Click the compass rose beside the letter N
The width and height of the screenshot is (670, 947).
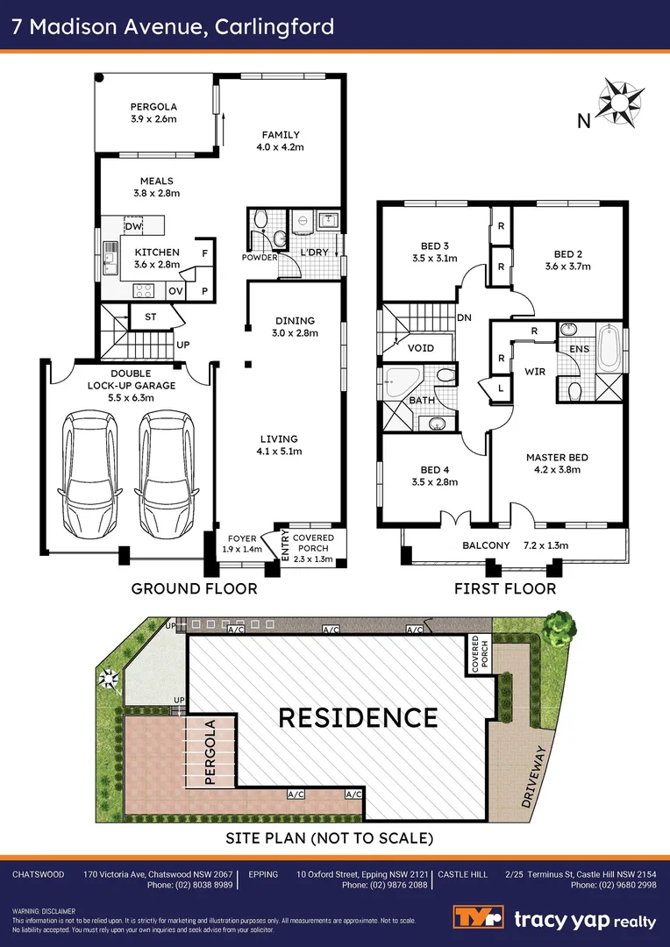coord(619,102)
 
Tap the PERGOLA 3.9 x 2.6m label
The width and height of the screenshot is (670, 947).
coord(154,111)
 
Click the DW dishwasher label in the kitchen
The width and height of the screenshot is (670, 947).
coord(133,227)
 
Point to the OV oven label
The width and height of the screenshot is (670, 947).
coord(175,290)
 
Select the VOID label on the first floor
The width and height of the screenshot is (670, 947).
coord(421,348)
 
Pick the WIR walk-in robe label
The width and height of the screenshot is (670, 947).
coord(535,372)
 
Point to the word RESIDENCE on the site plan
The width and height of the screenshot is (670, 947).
coord(358,717)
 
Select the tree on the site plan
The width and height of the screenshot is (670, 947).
coord(560,627)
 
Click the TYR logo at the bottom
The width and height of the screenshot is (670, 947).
coord(478,920)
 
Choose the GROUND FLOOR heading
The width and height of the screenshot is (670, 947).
coord(194,588)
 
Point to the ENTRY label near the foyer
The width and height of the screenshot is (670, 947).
coord(284,543)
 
